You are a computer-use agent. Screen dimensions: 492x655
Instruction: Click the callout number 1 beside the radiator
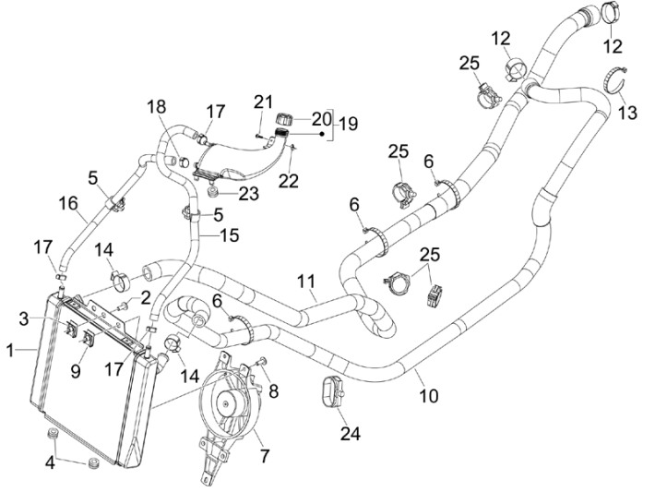point(11,352)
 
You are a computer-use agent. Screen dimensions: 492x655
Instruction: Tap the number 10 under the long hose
point(427,397)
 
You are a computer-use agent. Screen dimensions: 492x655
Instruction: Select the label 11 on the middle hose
point(306,281)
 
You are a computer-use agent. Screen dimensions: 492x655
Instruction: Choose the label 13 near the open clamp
point(627,114)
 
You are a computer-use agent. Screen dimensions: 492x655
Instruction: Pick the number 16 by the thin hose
point(67,203)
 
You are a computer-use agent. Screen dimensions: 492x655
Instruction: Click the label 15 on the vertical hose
point(229,235)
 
